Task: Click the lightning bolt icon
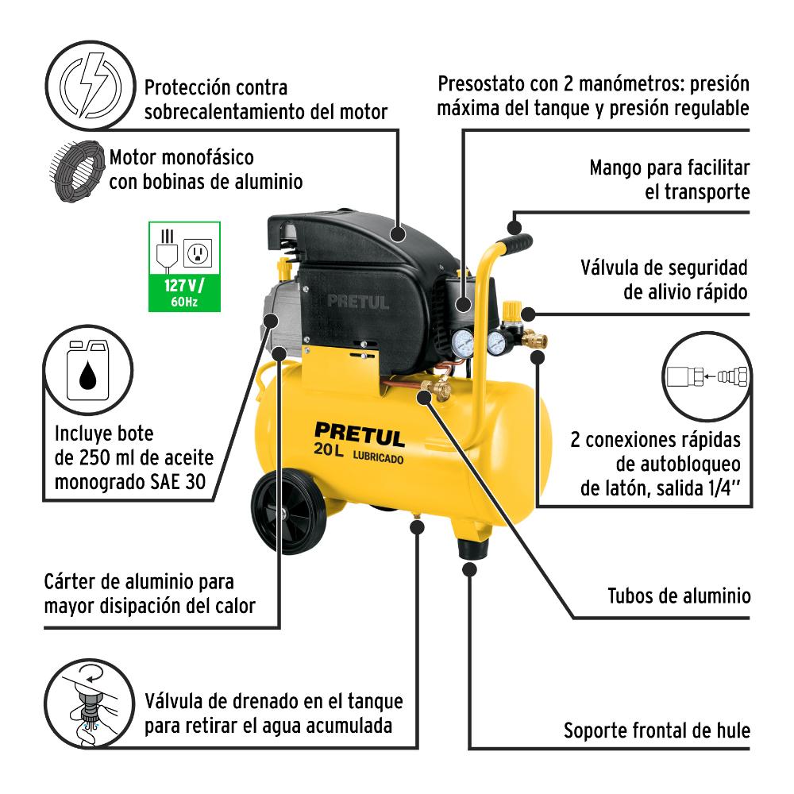coord(91,85)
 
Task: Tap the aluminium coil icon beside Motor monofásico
coord(77,171)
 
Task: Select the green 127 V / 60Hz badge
coord(184,266)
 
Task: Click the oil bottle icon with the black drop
coord(88,370)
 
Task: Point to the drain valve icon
coord(90,703)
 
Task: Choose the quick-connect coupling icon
coord(707,376)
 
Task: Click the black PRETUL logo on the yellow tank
coord(360,434)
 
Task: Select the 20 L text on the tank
coord(329,449)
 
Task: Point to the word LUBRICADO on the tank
coord(378,457)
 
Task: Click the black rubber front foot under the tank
coord(473,549)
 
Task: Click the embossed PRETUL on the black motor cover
coord(358,303)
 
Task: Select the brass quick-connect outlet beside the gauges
coord(534,338)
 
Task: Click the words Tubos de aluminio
coord(679,596)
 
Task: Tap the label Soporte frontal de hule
coord(657,730)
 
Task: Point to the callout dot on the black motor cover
coord(399,234)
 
